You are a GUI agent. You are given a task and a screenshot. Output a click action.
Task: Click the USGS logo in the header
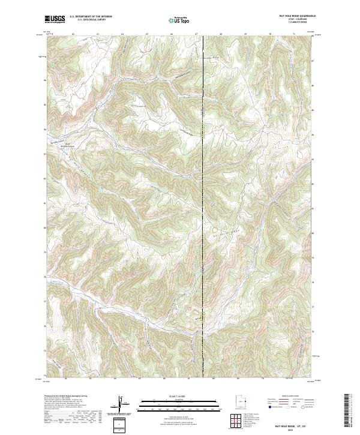tap(55, 20)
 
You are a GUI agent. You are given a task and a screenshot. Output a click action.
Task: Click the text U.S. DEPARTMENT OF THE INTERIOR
tap(91, 17)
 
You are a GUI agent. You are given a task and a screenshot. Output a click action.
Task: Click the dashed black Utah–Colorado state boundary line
tap(203, 180)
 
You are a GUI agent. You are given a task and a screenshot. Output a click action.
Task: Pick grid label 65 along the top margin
tap(147, 34)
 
